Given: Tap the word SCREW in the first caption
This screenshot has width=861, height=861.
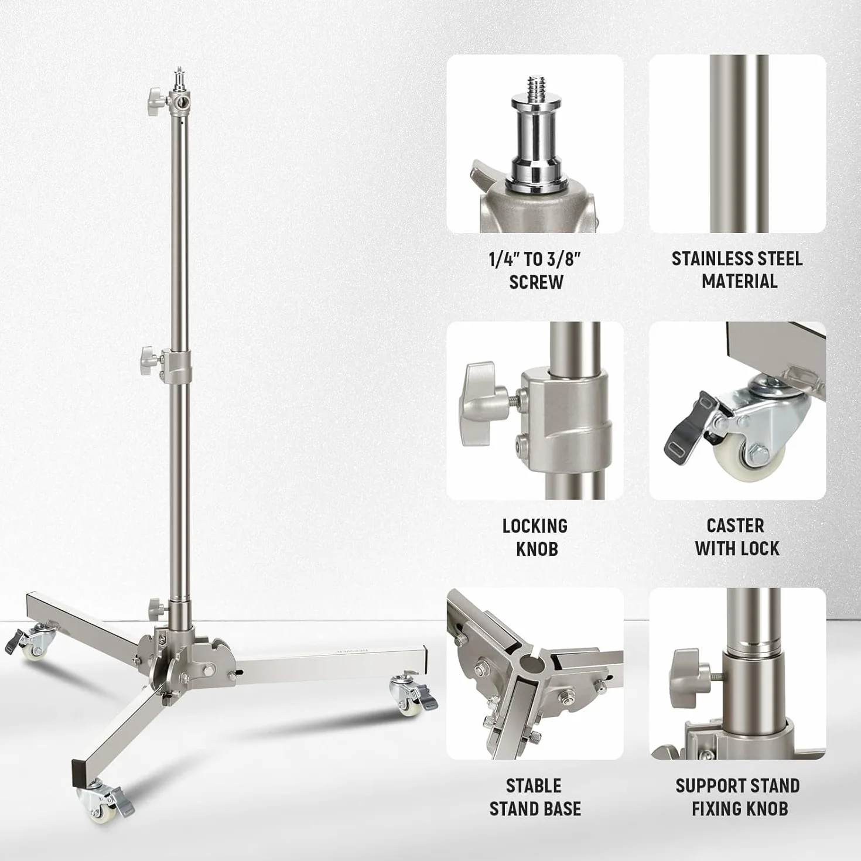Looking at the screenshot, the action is click(536, 282).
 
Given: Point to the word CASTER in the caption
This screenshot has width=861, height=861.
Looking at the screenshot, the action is click(736, 526).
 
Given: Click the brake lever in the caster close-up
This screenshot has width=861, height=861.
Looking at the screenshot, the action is click(688, 422).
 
